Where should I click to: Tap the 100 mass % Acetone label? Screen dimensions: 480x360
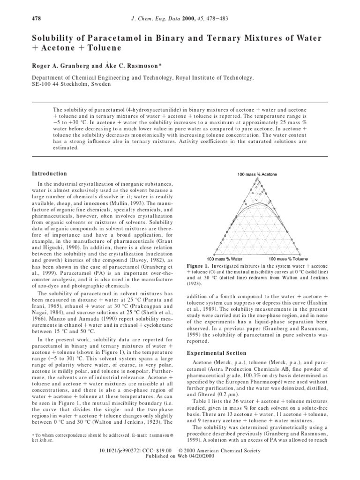(x=257, y=174)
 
